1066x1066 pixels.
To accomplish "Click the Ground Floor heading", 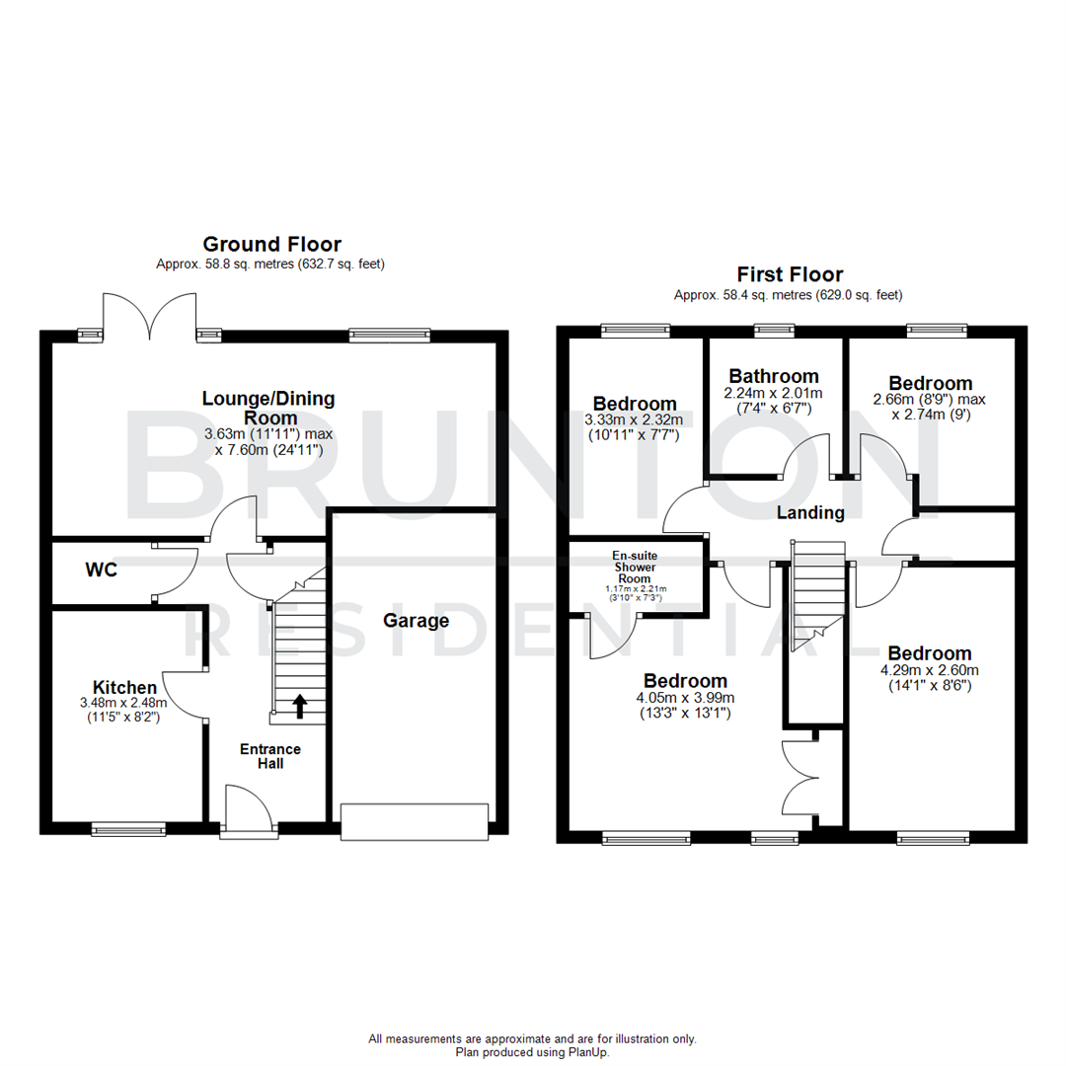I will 271,244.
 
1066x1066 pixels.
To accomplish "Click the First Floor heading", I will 790,274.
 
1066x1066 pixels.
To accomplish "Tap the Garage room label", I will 416,621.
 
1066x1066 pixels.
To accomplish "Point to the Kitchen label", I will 124,687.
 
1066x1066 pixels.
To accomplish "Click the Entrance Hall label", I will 269,756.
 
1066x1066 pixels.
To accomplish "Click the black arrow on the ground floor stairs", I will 299,705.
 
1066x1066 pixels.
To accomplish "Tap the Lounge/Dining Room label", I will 268,408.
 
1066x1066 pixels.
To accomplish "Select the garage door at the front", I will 415,822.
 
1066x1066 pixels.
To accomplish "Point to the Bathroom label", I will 774,376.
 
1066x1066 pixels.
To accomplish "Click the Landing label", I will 809,512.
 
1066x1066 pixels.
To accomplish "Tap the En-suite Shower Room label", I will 636,568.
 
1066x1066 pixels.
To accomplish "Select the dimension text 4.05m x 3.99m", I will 685,697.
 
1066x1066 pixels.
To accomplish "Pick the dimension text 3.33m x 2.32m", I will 635,419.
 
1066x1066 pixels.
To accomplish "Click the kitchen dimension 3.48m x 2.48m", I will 124,704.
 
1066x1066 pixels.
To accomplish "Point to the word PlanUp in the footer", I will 589,1053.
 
